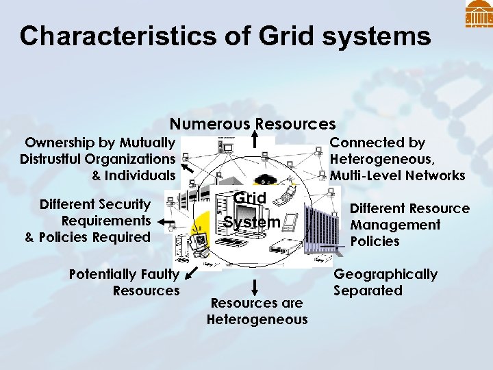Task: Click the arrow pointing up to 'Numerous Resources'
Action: point(255,140)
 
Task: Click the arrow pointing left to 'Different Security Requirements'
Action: point(165,221)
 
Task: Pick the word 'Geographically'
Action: point(385,274)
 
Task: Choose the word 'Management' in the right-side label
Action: point(395,225)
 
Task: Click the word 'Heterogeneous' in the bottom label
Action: point(257,319)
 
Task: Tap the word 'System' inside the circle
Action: point(252,222)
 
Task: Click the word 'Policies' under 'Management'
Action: point(375,241)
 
